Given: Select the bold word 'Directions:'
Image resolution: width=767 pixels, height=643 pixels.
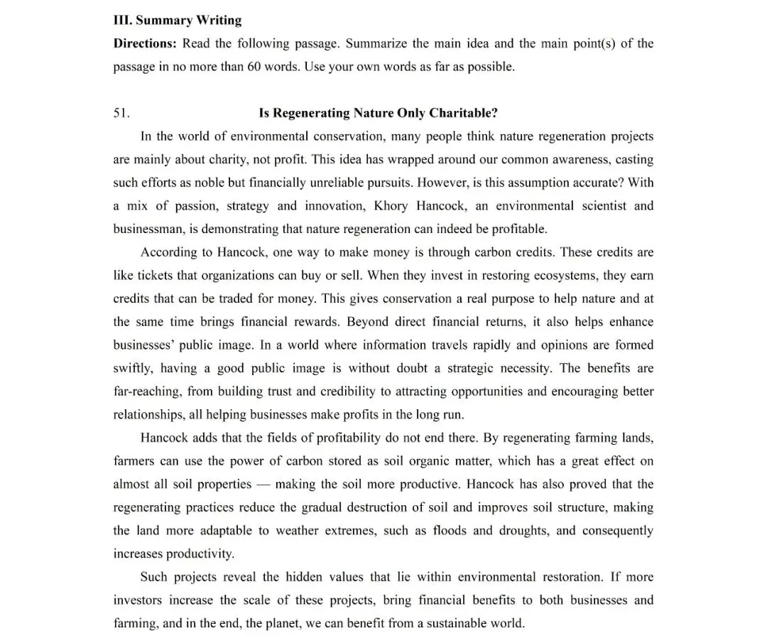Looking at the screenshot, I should tap(145, 43).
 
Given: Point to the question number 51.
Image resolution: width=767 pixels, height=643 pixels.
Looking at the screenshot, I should tap(121, 113).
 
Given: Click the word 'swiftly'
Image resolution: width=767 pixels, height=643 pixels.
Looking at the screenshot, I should tap(133, 368).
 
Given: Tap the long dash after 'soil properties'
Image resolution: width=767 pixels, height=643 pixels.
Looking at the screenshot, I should tap(263, 485).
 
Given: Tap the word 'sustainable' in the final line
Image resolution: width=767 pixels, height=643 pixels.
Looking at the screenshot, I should tap(454, 624).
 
